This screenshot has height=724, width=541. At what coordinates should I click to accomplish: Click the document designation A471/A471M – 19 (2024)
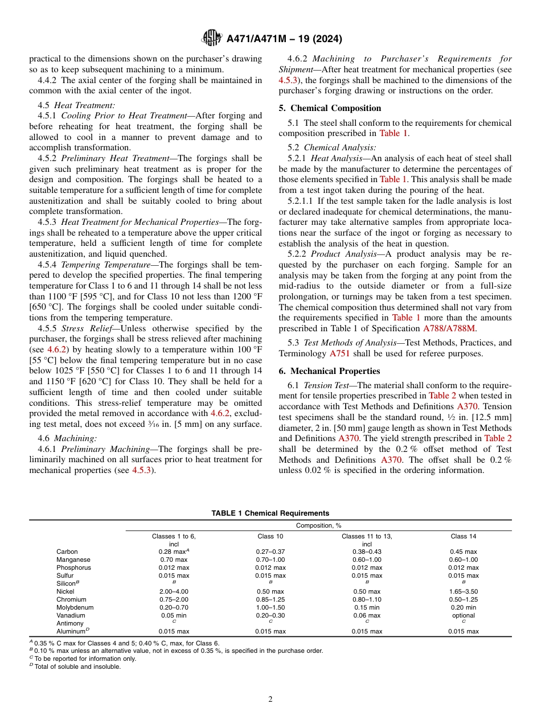(x=284, y=39)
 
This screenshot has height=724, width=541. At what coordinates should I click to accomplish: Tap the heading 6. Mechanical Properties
(x=329, y=371)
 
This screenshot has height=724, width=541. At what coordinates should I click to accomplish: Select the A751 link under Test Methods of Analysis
(x=337, y=353)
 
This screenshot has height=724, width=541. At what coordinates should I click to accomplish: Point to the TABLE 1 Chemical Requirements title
(x=270, y=513)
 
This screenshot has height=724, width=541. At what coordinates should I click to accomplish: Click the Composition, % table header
(x=318, y=525)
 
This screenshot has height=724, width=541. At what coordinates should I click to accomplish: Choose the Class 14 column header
(x=463, y=536)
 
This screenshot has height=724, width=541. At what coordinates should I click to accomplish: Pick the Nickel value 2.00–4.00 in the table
(x=174, y=591)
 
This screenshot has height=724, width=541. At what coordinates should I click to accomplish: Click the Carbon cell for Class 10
(x=270, y=552)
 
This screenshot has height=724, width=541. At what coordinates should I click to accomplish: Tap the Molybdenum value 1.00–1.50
(x=270, y=607)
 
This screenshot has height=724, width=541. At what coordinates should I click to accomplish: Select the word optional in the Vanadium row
(x=463, y=615)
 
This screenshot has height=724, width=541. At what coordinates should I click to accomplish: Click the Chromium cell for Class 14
(x=463, y=599)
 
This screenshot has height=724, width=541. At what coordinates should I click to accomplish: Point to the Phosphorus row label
(x=73, y=567)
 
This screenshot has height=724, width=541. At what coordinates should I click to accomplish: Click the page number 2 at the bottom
(x=270, y=700)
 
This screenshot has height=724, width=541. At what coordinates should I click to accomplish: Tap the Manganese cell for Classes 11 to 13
(x=367, y=560)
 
